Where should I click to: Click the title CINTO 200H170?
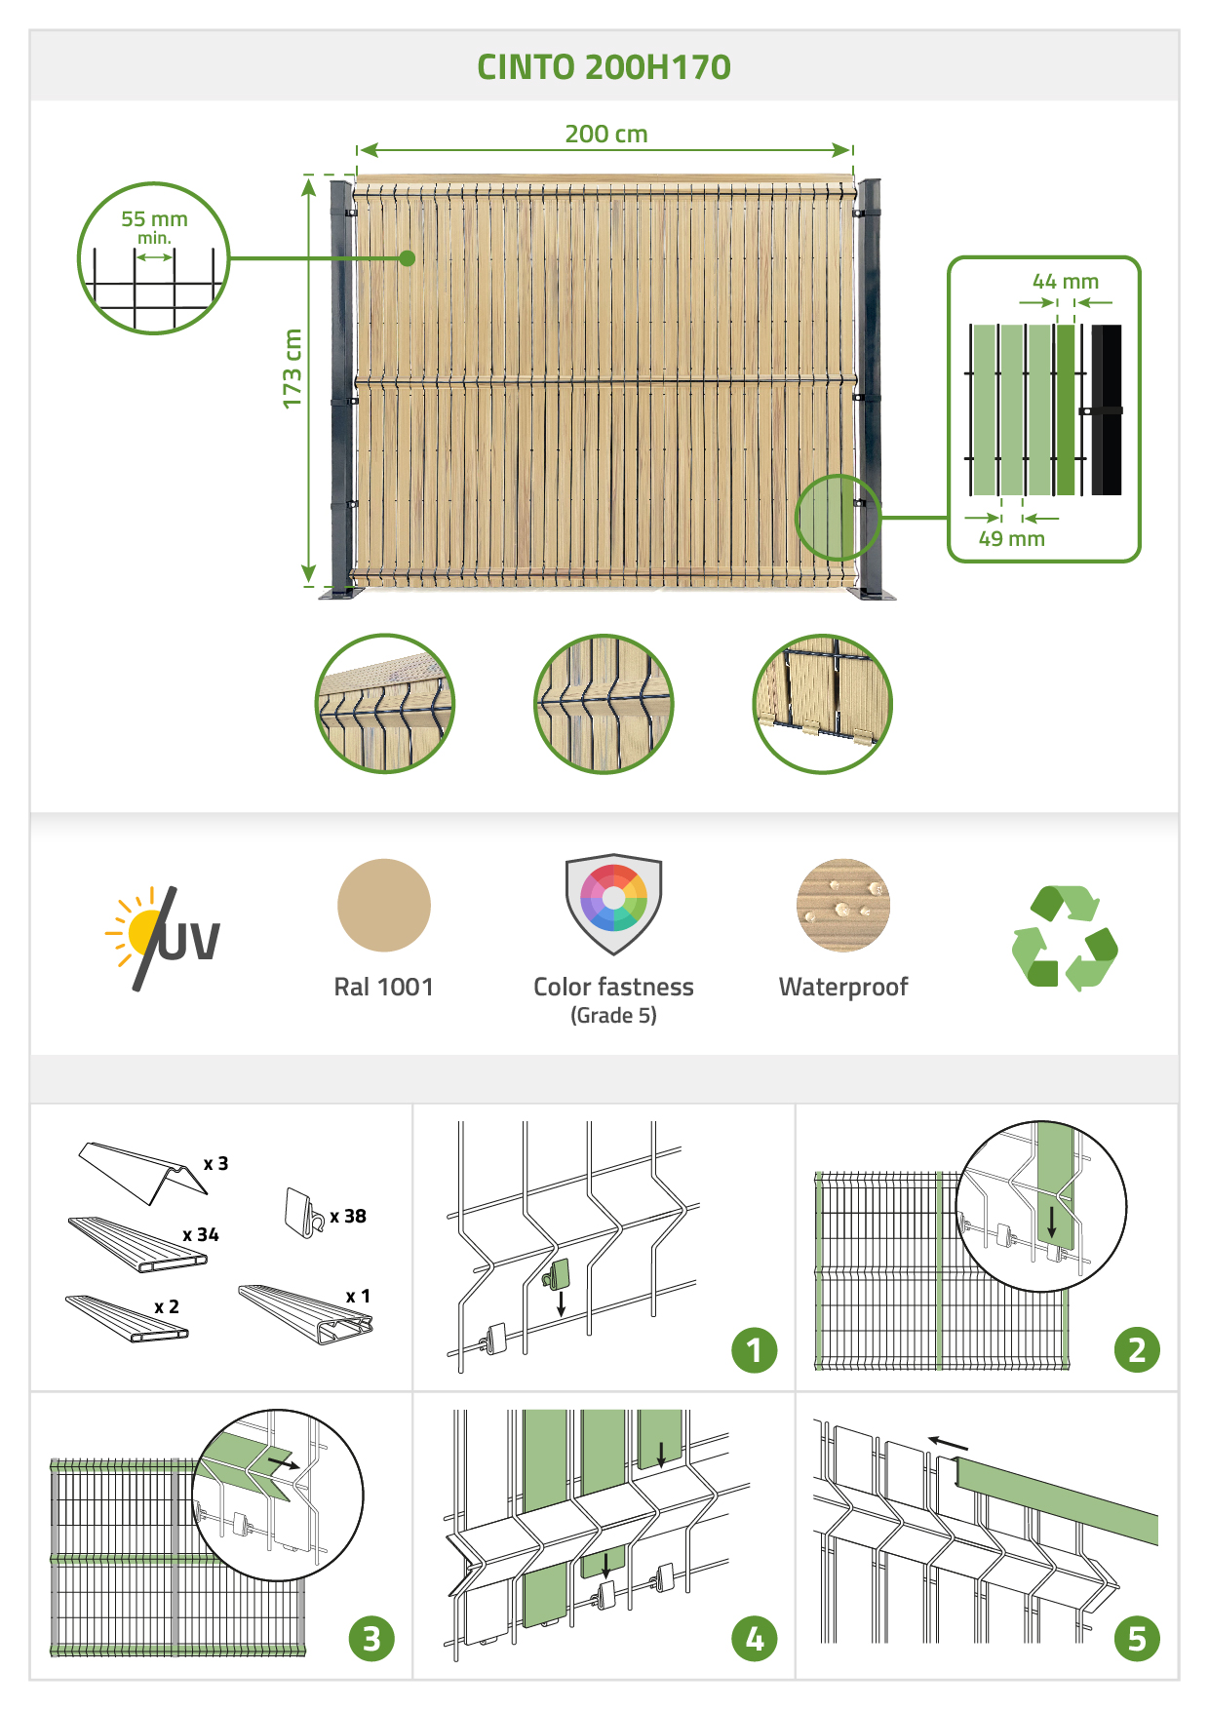604,67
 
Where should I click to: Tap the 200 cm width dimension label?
606,134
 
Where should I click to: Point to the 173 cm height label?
292,369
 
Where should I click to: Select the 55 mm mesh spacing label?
154,219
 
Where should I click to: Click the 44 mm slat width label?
1066,282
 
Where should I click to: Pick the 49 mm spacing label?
1012,539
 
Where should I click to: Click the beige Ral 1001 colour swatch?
384,905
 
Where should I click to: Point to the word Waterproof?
843,988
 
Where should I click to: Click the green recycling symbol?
1065,937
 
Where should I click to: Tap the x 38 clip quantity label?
348,1217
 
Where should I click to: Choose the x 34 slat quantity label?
201,1235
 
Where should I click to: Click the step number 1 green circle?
755,1350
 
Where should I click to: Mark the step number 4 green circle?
755,1639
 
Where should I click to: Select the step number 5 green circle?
1137,1639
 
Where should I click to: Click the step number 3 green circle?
371,1639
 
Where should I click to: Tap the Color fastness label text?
613,988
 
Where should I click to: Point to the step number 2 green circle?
1137,1350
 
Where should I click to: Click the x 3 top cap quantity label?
215,1164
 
